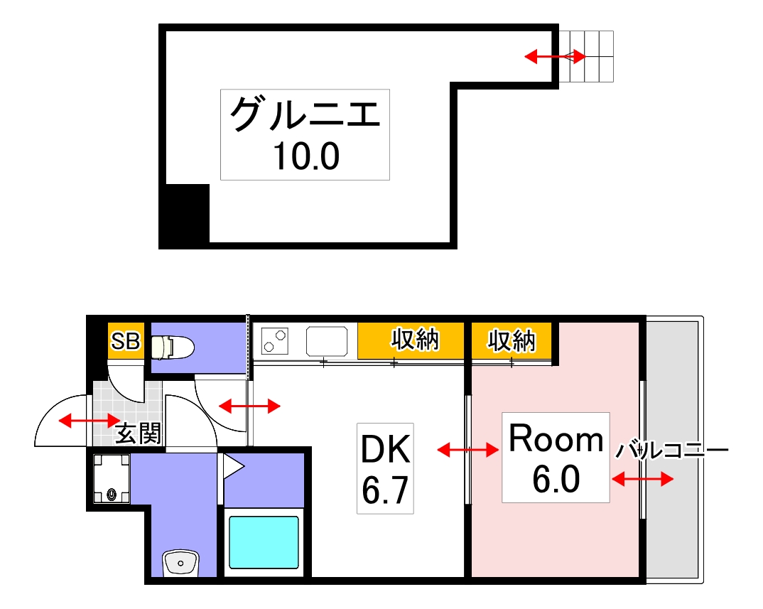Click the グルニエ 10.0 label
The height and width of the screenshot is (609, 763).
[305, 134]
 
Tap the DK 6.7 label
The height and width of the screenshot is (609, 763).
[385, 469]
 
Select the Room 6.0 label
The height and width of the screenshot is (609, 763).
[556, 458]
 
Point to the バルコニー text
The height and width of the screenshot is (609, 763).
[671, 451]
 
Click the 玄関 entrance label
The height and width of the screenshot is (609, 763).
[138, 433]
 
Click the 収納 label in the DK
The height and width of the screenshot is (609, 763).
[415, 342]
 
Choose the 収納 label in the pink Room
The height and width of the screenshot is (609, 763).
[510, 342]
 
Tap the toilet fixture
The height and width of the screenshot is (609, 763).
[171, 346]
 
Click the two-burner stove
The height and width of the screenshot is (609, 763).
[274, 341]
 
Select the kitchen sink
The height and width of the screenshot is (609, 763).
[327, 341]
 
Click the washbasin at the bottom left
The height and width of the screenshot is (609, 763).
[182, 564]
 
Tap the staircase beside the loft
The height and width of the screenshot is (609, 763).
[586, 57]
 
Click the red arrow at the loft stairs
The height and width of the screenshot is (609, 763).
[555, 56]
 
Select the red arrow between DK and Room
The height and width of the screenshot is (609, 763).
[467, 450]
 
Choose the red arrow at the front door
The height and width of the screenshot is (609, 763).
[89, 421]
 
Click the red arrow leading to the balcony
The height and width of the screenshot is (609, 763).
[642, 480]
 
